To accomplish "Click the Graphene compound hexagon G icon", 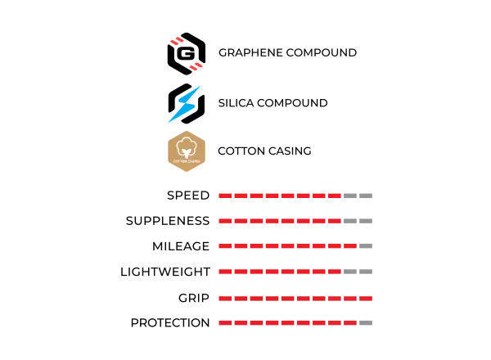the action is (187, 53).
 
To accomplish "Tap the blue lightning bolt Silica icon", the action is (186, 104).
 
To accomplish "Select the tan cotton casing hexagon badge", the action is (187, 151).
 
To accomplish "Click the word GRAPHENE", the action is (250, 52).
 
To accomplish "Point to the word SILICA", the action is (236, 103).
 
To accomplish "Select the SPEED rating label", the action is (188, 196).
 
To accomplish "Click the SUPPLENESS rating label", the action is (168, 221).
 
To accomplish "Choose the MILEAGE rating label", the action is (181, 246).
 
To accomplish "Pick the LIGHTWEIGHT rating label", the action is (165, 272).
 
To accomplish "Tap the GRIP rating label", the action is (194, 298).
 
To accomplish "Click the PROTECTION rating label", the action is (170, 322).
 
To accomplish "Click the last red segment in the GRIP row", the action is (366, 299).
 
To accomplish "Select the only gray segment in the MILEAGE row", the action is (366, 246).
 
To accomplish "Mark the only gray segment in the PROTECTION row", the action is (366, 322).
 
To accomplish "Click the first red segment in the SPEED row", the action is (225, 196).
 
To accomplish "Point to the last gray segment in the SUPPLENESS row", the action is (366, 221).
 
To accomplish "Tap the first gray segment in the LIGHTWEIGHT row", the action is (350, 272).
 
